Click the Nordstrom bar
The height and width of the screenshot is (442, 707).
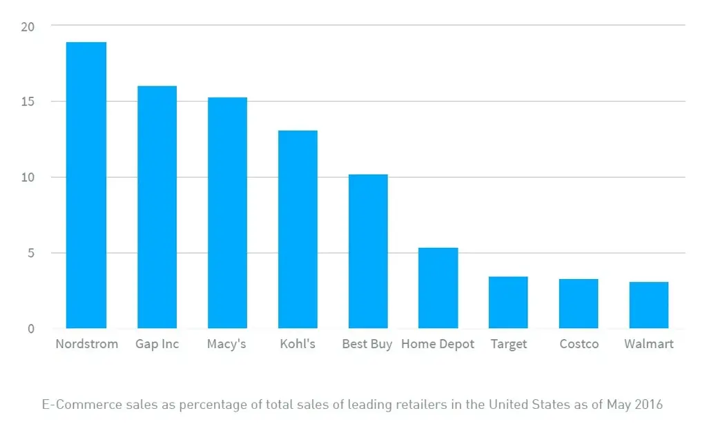pos(86,185)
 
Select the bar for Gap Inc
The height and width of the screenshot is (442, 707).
pos(157,207)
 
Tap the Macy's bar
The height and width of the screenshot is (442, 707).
pos(227,213)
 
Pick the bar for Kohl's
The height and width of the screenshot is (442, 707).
pos(298,229)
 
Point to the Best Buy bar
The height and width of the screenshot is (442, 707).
pos(368,251)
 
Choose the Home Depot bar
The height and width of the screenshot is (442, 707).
pos(438,288)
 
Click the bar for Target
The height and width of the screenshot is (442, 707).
pos(508,302)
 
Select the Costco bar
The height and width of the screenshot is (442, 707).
pos(579,304)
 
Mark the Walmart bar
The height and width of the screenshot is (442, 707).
pos(649,305)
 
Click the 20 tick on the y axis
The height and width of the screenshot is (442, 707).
pos(28,26)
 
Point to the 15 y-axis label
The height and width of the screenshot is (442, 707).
pos(28,102)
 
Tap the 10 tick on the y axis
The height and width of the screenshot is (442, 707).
pos(28,177)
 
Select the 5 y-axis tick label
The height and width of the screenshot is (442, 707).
pos(30,253)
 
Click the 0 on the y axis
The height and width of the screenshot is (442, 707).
pos(30,329)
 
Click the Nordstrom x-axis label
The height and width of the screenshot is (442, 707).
pos(86,344)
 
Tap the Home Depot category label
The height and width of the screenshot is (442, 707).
pos(438,344)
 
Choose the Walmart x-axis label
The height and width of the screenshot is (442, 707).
pos(649,344)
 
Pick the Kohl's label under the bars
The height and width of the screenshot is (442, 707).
pos(298,344)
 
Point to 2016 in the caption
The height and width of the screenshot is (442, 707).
pos(648,405)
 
